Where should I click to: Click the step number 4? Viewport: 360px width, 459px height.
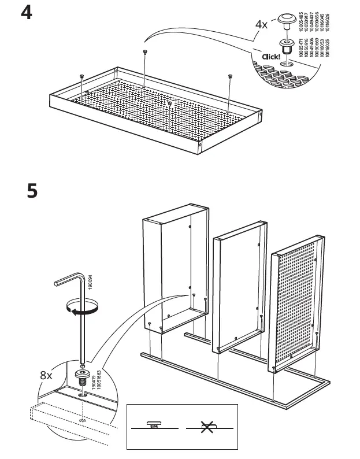click(27, 13)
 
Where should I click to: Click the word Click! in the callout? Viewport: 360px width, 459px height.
click(270, 57)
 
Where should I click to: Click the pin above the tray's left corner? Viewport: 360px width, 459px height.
click(82, 77)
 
